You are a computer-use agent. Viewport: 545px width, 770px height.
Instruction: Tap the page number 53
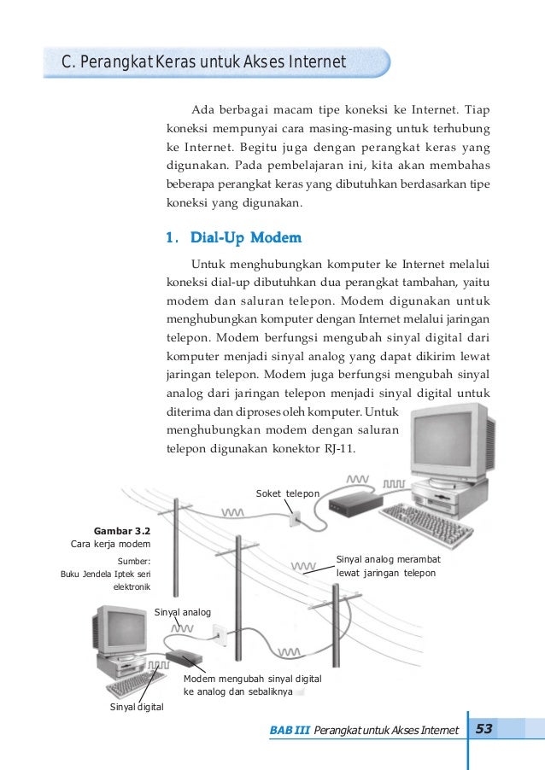point(484,728)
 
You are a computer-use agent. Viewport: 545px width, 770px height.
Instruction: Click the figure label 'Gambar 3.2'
point(123,528)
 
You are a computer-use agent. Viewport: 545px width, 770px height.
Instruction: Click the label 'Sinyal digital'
point(137,708)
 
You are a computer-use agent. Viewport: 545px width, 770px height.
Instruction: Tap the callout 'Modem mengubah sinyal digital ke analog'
point(252,683)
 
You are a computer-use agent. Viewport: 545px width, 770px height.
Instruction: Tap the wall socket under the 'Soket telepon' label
point(295,518)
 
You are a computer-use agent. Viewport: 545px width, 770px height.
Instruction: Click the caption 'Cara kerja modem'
point(110,545)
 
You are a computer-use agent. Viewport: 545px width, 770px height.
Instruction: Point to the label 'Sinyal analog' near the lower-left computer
point(183,612)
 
